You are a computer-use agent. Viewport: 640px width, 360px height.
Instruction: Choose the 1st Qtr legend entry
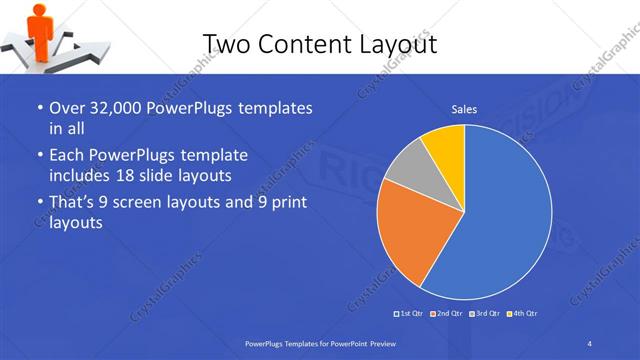pyautogui.click(x=411, y=314)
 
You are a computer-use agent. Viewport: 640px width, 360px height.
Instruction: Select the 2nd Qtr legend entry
pyautogui.click(x=446, y=314)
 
